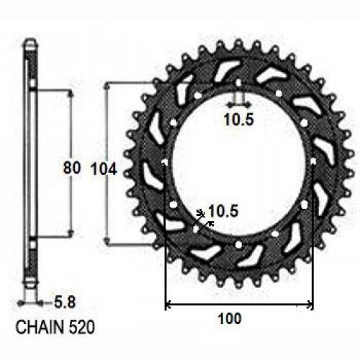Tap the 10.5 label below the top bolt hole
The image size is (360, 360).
click(238, 120)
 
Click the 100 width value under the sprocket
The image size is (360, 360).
click(228, 318)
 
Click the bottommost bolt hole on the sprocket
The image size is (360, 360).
click(238, 244)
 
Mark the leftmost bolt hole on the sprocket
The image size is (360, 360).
click(166, 163)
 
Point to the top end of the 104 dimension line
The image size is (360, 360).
click(108, 84)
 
